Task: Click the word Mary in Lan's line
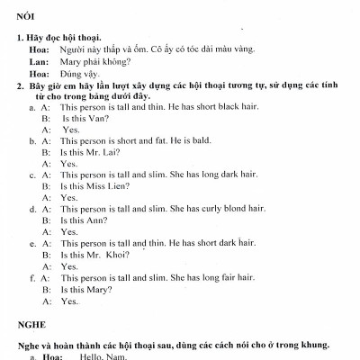click(71, 61)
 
